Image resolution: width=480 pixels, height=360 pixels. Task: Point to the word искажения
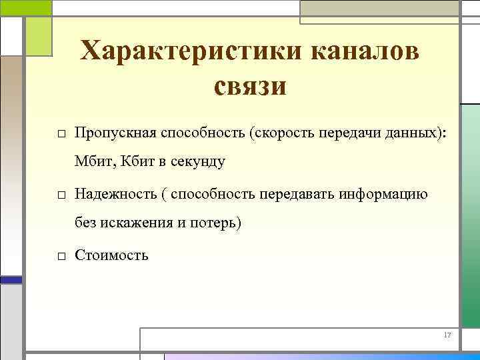coord(138,223)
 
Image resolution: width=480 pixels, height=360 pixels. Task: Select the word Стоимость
coord(111,255)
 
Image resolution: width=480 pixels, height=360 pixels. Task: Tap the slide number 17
coord(447,335)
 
